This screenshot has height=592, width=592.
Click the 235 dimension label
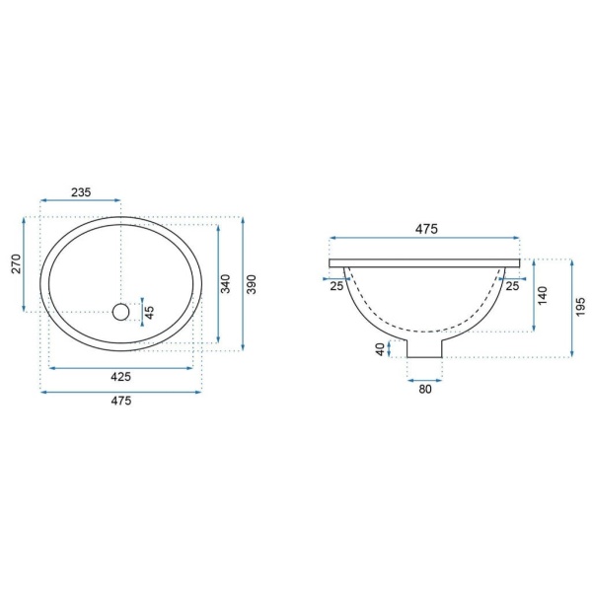[x=81, y=192]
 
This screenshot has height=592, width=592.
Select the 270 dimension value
[x=16, y=263]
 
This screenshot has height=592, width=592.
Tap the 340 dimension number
[x=225, y=284]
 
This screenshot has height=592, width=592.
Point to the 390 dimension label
[x=251, y=284]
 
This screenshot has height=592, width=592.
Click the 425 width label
[x=120, y=377]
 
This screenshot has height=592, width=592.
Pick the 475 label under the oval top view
[x=120, y=401]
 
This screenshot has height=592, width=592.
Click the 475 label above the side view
[x=426, y=229]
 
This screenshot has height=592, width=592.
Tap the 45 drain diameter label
[x=150, y=312]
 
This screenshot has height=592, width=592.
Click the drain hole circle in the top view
[x=120, y=312]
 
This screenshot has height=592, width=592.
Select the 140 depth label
[x=542, y=296]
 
